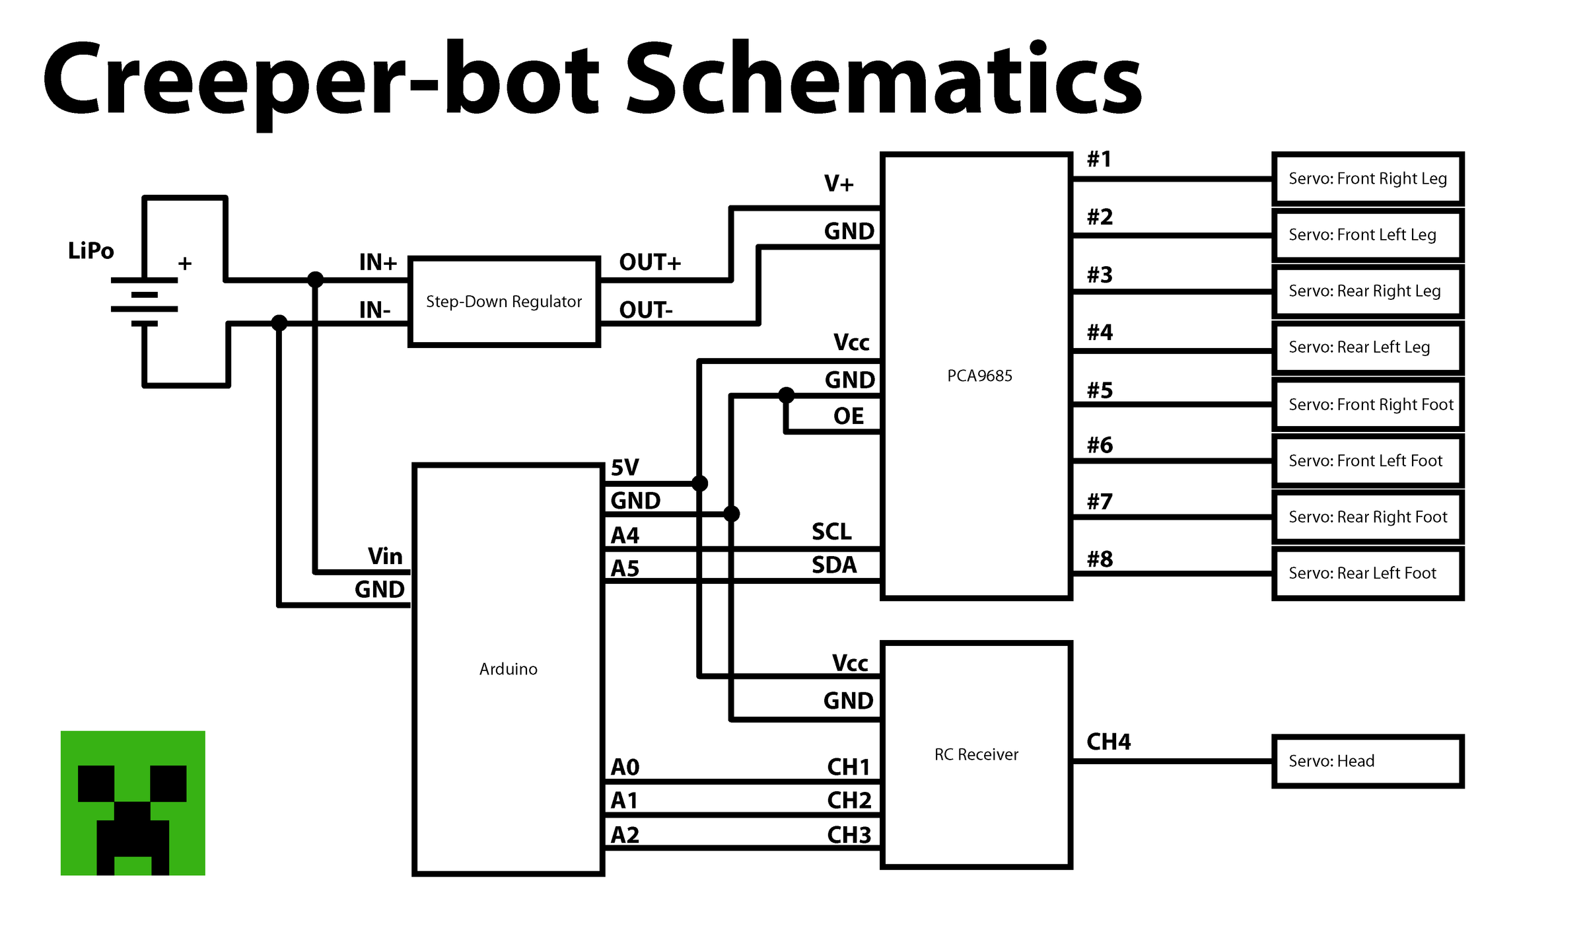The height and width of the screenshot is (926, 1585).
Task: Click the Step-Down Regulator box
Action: (504, 301)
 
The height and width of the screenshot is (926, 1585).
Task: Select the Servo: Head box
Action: (1367, 761)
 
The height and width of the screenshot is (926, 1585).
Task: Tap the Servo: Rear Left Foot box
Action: (1367, 573)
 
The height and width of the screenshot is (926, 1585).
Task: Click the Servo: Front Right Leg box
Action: (1367, 178)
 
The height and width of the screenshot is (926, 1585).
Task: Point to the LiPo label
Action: (90, 251)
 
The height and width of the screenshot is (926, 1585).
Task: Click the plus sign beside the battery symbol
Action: (185, 264)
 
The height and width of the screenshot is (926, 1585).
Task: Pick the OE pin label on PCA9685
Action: (848, 416)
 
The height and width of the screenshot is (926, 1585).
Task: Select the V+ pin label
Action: (838, 183)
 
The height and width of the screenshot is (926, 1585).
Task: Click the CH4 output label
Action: (1108, 742)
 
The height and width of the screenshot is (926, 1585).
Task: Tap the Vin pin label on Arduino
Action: (385, 556)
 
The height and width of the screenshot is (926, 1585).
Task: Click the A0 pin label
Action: (625, 767)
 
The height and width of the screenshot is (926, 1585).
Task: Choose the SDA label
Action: (833, 565)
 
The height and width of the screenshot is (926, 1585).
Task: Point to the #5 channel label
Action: (1100, 390)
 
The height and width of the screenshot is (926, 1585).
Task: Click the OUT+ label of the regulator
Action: (649, 262)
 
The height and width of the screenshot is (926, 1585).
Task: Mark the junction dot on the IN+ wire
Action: (316, 279)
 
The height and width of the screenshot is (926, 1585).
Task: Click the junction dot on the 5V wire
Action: (700, 483)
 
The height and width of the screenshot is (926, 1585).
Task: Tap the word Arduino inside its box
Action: (508, 669)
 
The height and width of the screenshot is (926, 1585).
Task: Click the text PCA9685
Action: (979, 376)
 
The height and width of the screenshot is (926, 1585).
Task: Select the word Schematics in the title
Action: (883, 79)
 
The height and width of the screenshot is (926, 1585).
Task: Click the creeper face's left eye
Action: (96, 783)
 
